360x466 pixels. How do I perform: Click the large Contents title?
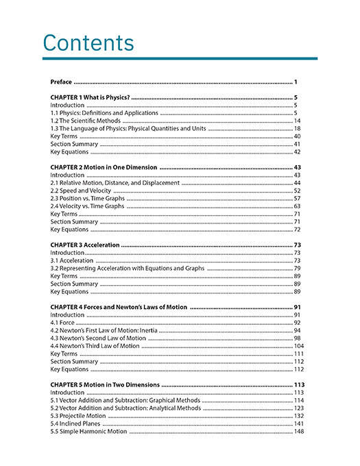click(x=88, y=42)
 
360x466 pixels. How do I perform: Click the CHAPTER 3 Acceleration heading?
click(x=85, y=245)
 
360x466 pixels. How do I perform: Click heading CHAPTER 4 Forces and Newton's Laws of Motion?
click(x=119, y=307)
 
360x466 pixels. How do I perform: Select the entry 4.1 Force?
click(x=62, y=322)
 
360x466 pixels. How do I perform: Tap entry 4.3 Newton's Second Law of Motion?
click(x=98, y=338)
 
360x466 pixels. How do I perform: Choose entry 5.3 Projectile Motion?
click(x=78, y=416)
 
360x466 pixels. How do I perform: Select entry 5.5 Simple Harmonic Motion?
click(x=88, y=432)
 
